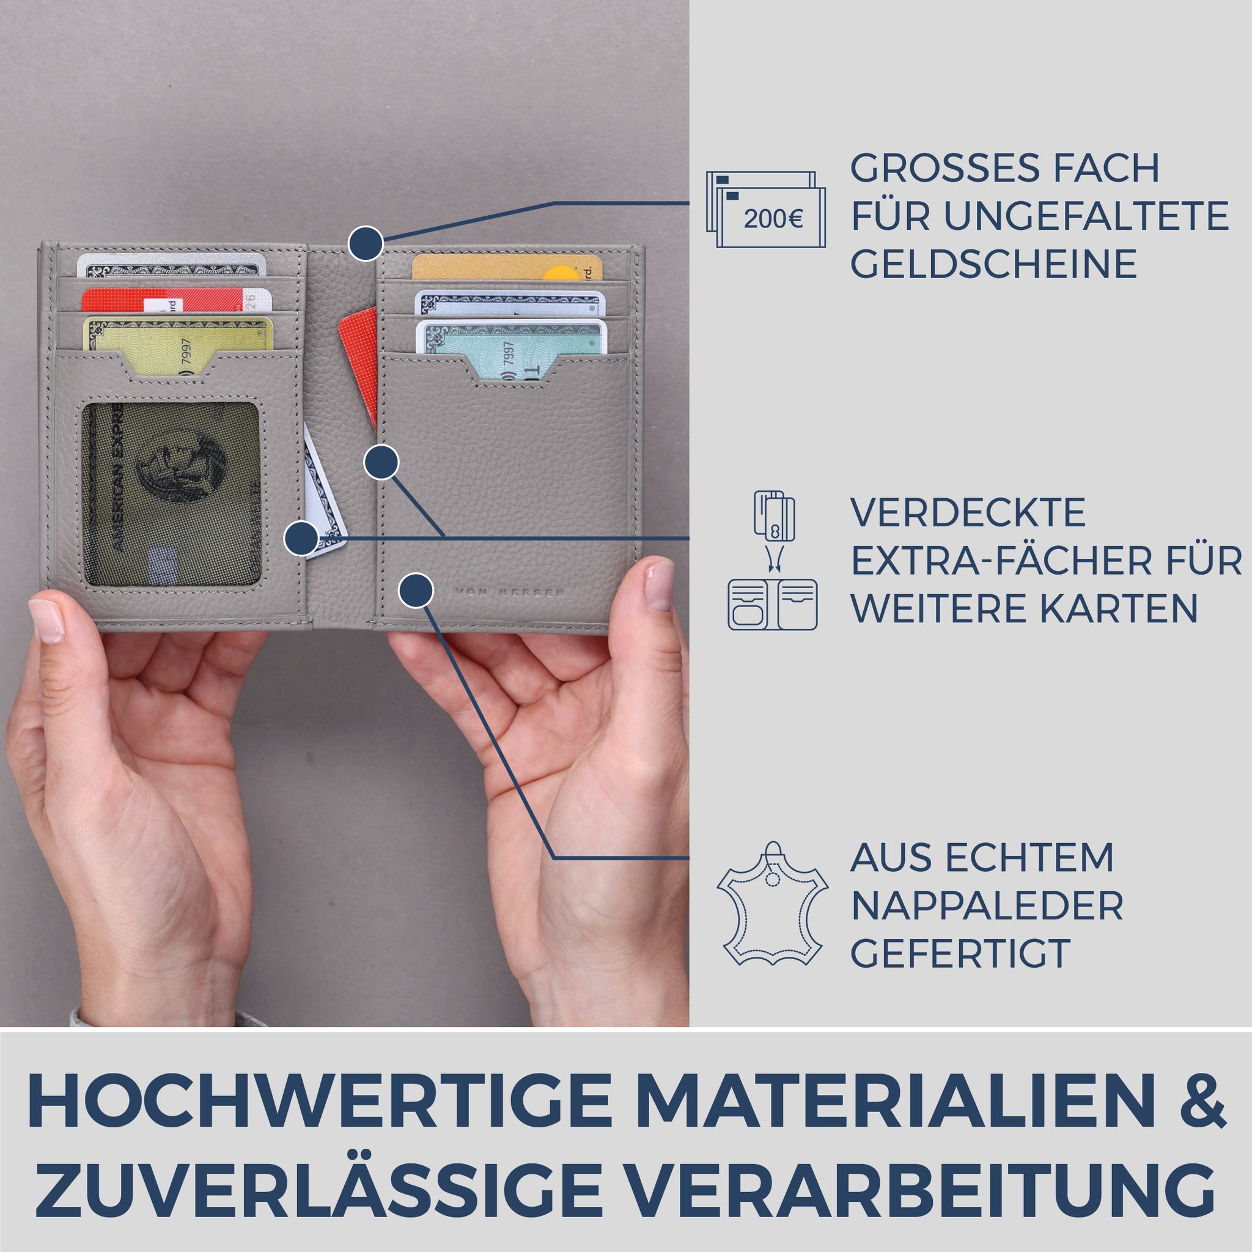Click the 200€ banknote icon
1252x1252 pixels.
tap(765, 209)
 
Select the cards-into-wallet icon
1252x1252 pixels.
tap(772, 561)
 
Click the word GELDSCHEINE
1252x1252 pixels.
tap(993, 263)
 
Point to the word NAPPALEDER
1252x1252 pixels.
tap(986, 905)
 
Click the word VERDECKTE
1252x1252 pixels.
tap(968, 514)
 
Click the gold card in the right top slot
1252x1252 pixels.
tap(506, 267)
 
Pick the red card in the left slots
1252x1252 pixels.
tap(175, 300)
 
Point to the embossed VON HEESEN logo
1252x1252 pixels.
tap(509, 592)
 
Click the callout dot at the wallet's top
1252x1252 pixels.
tap(366, 245)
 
